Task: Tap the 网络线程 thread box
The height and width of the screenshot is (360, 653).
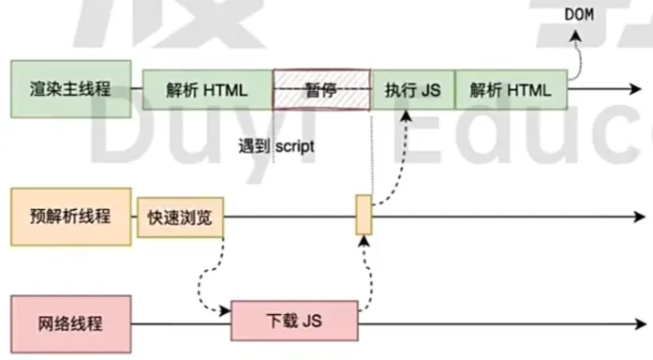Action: [x=71, y=323]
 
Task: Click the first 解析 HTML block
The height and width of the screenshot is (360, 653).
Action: [x=207, y=91]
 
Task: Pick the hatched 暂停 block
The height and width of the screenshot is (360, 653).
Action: [x=322, y=91]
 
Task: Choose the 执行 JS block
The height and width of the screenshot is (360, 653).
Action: [x=412, y=91]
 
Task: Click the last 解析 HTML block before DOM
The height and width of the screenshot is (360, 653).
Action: [x=511, y=91]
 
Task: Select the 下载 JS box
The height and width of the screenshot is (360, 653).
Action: [x=295, y=322]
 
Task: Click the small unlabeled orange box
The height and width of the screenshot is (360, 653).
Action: [x=364, y=216]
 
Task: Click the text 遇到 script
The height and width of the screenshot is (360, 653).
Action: [x=277, y=147]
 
